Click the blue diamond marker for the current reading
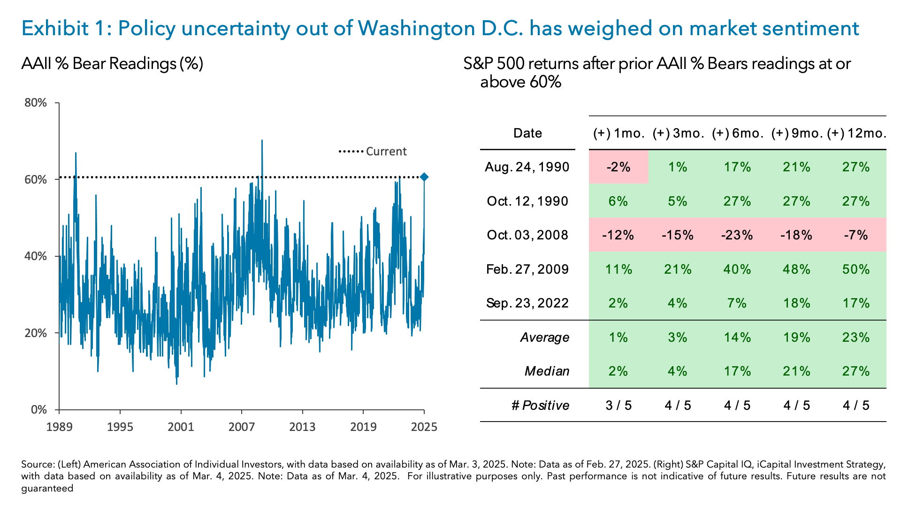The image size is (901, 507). [x=424, y=177]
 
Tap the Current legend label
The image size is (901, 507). [x=386, y=152]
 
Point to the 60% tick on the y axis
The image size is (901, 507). [x=36, y=179]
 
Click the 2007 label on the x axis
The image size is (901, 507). [x=242, y=427]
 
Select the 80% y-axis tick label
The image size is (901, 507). [x=36, y=103]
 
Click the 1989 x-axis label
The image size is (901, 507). [x=59, y=427]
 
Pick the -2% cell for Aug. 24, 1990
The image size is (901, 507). [x=618, y=167]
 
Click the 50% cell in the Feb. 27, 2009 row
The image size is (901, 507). [x=855, y=269]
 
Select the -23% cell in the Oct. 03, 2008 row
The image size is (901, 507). [x=737, y=235]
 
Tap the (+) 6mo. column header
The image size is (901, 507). [x=737, y=133]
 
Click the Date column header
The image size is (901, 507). [x=527, y=133]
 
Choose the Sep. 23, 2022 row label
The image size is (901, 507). [x=527, y=303]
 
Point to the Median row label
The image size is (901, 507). [x=547, y=371]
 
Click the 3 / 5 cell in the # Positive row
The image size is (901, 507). [x=618, y=406]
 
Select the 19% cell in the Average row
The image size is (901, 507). [x=796, y=338]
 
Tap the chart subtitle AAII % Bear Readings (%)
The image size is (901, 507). [x=112, y=64]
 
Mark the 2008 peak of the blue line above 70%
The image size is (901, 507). [x=262, y=140]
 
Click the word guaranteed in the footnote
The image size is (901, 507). [x=47, y=488]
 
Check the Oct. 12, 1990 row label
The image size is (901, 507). [x=527, y=201]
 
